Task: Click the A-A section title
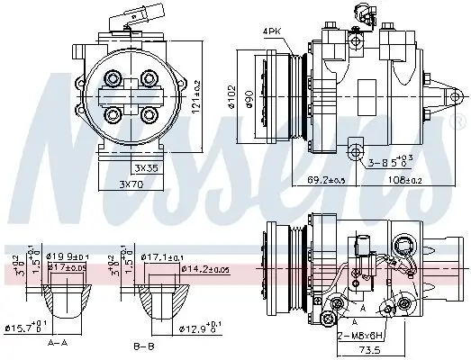(x=58, y=344)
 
